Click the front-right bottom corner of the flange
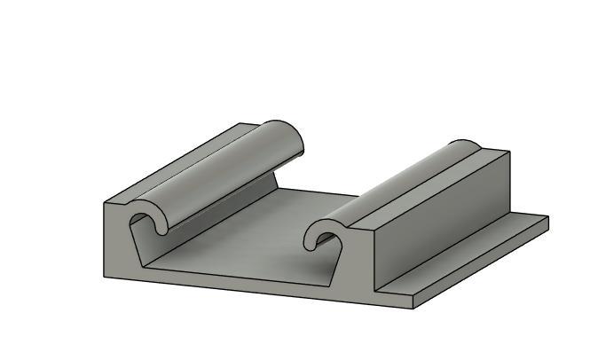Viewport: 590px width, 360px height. coord(414,309)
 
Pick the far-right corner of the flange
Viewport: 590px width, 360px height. coord(547,217)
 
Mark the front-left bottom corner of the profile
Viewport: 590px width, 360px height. coord(104,276)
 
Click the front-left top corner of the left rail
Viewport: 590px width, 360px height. coord(105,204)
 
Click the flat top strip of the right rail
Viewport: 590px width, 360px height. coord(435,187)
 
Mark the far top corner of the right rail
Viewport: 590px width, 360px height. coord(509,153)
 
